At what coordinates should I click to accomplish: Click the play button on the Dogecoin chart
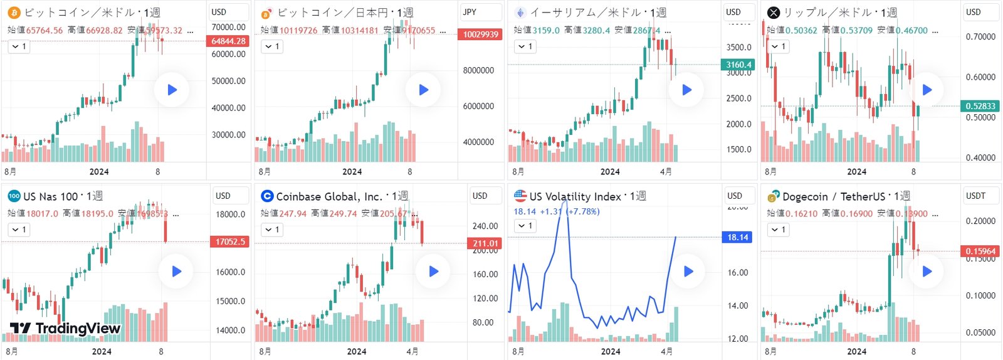point(927,272)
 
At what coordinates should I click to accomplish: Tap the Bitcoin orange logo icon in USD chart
point(14,13)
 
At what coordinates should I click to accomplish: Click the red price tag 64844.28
point(228,41)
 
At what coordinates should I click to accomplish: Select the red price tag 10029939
point(481,34)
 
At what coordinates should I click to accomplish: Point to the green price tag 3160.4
point(738,65)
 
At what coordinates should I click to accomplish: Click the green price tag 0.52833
point(980,106)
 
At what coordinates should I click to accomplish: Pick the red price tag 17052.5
point(230,241)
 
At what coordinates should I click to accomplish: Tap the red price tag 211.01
point(485,243)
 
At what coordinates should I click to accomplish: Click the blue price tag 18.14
point(738,237)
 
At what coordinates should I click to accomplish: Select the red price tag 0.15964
point(980,251)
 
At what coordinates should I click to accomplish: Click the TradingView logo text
point(65,328)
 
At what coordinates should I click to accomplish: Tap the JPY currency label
point(470,12)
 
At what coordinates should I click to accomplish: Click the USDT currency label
point(975,196)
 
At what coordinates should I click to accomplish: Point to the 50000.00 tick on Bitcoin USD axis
point(228,81)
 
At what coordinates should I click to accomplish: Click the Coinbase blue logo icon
point(267,196)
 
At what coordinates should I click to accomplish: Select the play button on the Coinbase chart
point(433,272)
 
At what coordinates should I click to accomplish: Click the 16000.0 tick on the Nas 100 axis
point(230,272)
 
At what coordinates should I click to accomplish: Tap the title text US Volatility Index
point(575,196)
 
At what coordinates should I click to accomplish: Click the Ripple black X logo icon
point(774,13)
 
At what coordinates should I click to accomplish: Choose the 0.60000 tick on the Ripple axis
point(980,77)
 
